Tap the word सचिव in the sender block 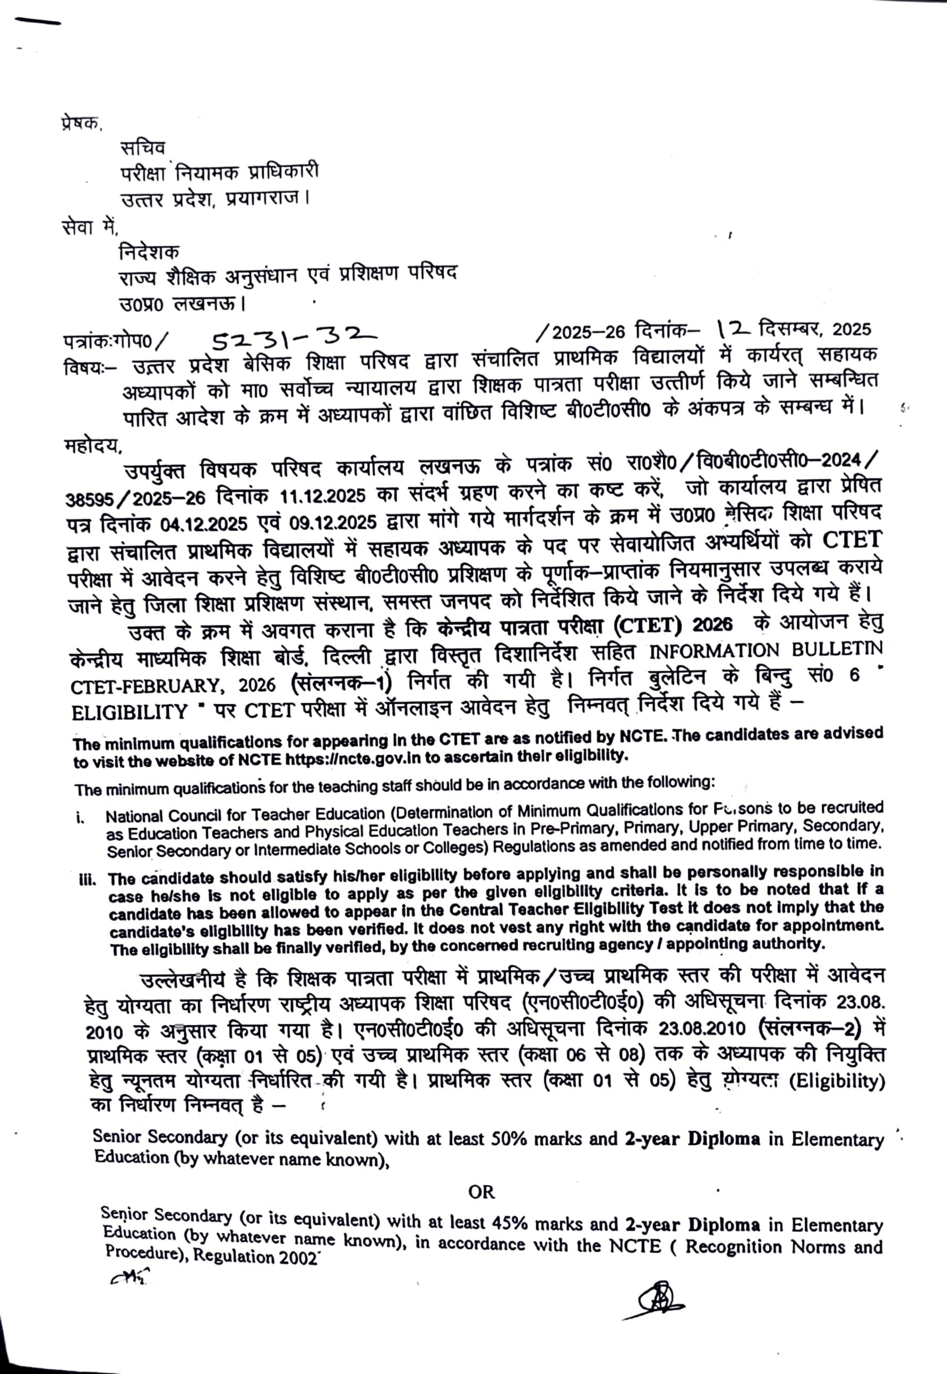click(142, 147)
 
